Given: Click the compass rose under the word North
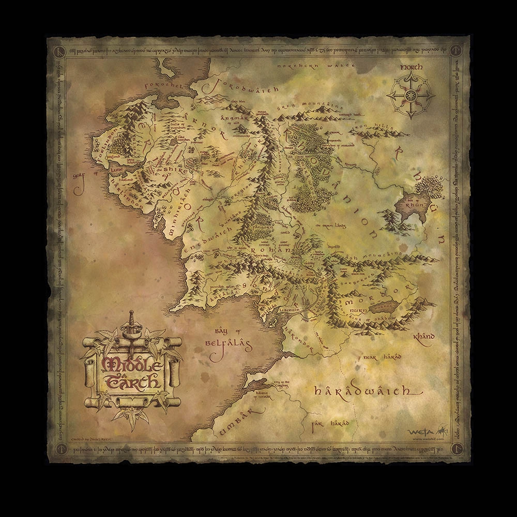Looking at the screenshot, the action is (x=412, y=94).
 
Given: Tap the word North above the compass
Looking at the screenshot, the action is (x=411, y=67).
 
